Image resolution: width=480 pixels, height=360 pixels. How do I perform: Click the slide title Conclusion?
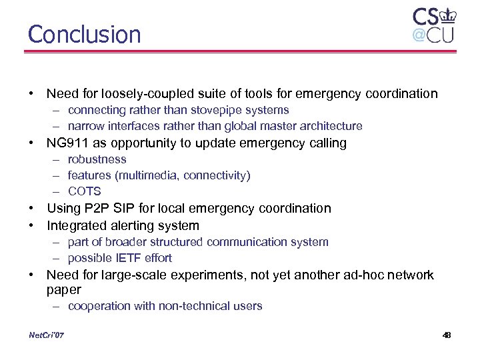[x=85, y=34]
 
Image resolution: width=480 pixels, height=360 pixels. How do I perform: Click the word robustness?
[x=97, y=159]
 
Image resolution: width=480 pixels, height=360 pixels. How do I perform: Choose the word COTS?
[x=85, y=191]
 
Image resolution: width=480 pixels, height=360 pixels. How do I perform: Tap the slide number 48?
[x=446, y=335]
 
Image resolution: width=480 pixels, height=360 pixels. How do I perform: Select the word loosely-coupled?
[x=143, y=93]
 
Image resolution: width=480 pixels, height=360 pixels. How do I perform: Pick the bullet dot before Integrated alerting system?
[x=31, y=225]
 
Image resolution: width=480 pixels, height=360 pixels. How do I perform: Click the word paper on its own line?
[x=64, y=289]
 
